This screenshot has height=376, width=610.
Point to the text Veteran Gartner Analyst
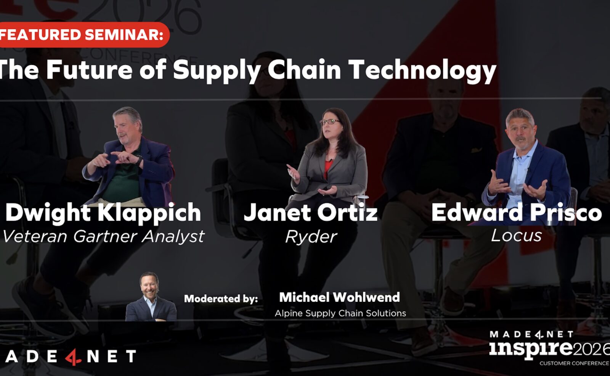click(103, 236)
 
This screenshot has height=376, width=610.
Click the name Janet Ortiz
click(311, 213)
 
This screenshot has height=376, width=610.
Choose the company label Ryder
click(311, 237)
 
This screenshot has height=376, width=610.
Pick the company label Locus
click(516, 235)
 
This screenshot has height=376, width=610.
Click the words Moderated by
click(221, 299)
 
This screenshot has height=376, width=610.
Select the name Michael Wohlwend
click(340, 297)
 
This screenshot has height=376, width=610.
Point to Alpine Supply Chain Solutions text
click(340, 313)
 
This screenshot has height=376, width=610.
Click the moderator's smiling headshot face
click(149, 285)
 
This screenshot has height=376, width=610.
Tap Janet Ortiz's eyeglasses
click(330, 121)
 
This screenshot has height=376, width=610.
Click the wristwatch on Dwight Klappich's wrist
click(139, 160)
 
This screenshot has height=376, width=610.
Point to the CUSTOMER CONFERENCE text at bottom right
click(574, 363)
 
